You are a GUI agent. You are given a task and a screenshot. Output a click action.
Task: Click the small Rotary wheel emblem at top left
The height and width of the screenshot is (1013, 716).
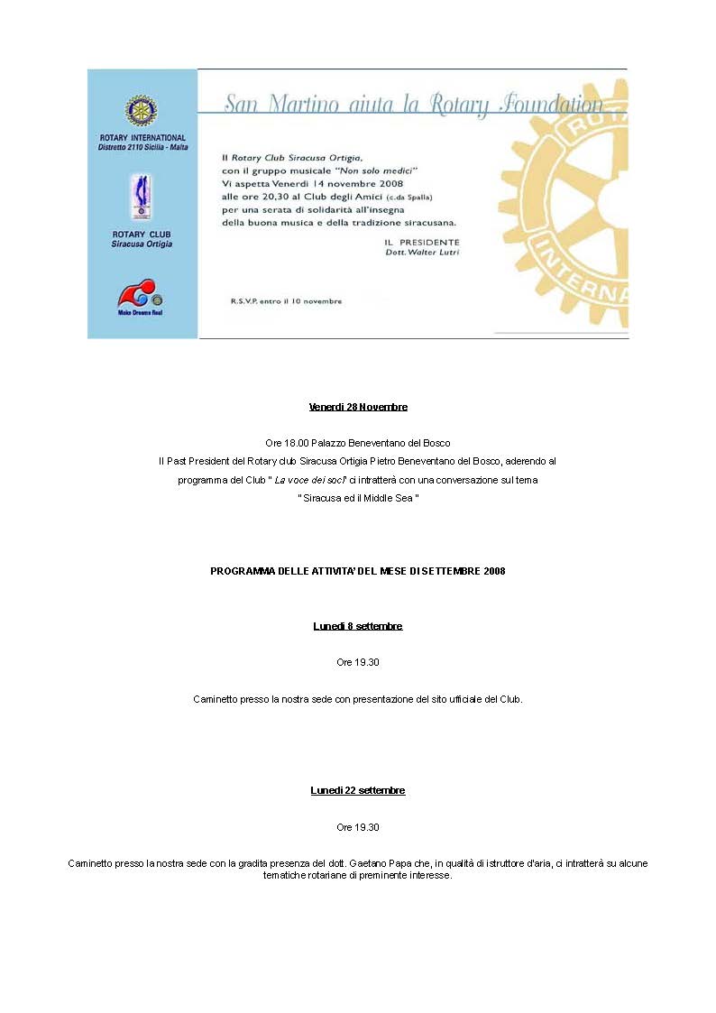(142, 110)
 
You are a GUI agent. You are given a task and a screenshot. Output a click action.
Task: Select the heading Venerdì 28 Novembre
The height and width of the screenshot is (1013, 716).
(358, 407)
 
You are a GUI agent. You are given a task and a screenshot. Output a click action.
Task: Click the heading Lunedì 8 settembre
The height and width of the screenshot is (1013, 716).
(358, 626)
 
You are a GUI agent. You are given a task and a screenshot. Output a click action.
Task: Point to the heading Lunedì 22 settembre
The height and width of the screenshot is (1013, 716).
(358, 790)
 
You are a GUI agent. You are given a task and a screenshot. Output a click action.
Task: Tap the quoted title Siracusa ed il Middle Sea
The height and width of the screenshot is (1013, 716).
(358, 498)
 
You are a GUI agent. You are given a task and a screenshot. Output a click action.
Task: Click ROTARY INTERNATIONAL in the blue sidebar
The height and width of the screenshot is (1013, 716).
(142, 138)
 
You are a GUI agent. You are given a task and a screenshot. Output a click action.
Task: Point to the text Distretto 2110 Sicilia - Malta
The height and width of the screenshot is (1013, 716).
(142, 147)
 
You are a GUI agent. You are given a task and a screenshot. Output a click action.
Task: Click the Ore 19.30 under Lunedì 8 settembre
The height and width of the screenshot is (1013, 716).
(358, 662)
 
